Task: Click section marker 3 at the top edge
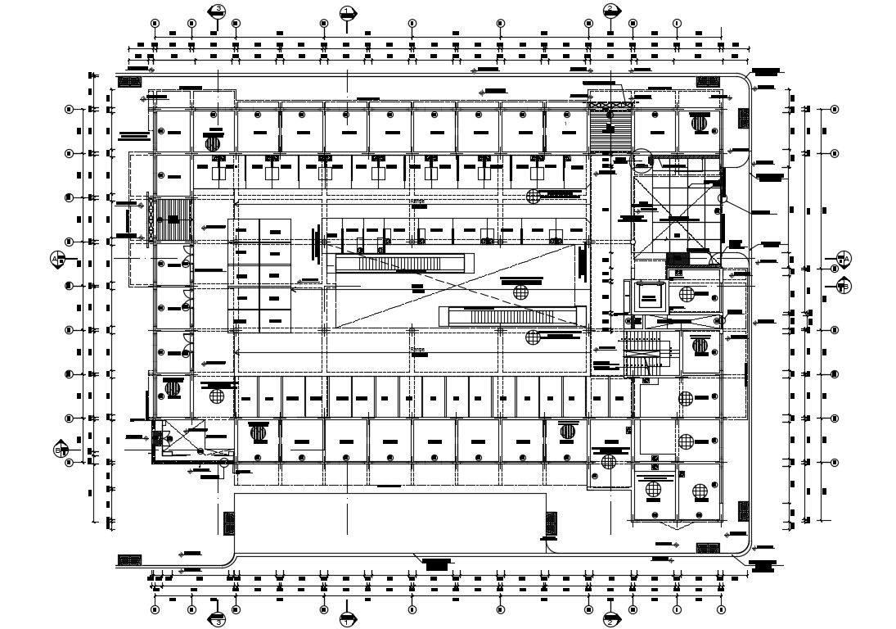coord(217,11)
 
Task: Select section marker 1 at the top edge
coord(347,11)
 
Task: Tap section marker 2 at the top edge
coord(610,11)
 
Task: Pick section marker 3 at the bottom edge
coord(217,619)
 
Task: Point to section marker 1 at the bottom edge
coord(347,619)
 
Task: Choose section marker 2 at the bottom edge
coord(610,619)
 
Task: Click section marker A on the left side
coord(57,258)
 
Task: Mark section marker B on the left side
coord(59,450)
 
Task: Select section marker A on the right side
coord(844,259)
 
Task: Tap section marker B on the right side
coord(844,285)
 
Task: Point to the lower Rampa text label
coord(418,349)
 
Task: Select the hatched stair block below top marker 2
coord(610,127)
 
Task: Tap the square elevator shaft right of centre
coord(651,296)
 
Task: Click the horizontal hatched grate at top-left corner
coord(129,82)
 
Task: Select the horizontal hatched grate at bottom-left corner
coord(129,559)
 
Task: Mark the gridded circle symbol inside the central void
coord(521,292)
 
